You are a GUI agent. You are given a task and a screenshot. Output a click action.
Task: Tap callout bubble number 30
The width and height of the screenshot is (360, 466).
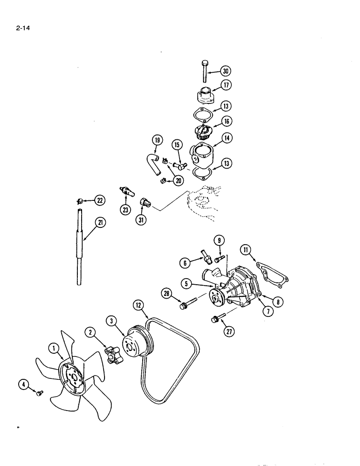pyautogui.click(x=226, y=71)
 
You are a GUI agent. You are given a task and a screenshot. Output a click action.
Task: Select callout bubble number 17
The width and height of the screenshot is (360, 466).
pyautogui.click(x=226, y=86)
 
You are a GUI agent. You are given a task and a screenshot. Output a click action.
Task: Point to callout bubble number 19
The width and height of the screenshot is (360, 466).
pyautogui.click(x=157, y=140)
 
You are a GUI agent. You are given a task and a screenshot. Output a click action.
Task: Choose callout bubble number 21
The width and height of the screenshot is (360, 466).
pyautogui.click(x=99, y=223)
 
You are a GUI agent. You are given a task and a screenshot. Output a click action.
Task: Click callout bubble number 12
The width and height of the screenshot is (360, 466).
pyautogui.click(x=138, y=305)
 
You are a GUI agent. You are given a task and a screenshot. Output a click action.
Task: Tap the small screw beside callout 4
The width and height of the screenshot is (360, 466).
pyautogui.click(x=40, y=393)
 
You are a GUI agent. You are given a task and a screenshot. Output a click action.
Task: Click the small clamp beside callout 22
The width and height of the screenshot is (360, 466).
pyautogui.click(x=80, y=201)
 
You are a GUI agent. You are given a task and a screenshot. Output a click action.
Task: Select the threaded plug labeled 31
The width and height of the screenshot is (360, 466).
pyautogui.click(x=145, y=203)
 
